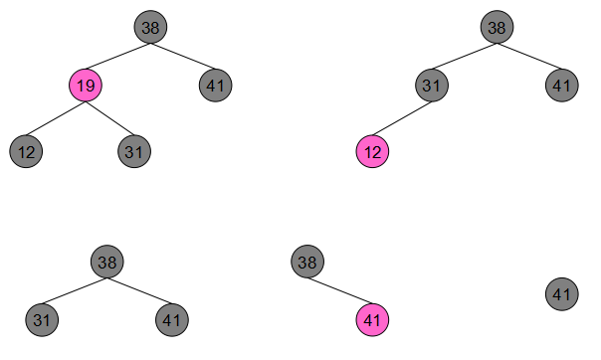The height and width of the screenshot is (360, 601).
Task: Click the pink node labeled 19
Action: (x=86, y=86)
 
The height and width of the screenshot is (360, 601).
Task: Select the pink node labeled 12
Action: (x=372, y=152)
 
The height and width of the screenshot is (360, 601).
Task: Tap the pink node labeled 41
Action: (x=372, y=320)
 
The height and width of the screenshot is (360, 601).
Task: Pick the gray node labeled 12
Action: (x=26, y=152)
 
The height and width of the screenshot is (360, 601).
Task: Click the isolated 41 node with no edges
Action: (x=562, y=294)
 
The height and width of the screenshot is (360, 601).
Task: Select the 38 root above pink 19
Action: (x=150, y=27)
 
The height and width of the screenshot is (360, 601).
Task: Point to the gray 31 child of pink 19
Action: (x=134, y=152)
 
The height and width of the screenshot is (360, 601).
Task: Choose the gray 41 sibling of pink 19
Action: (x=215, y=86)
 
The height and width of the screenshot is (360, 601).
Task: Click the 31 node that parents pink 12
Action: (x=432, y=86)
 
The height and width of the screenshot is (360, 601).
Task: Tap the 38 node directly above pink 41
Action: (x=307, y=262)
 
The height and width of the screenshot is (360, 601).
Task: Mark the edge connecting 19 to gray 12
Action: (x=56, y=118)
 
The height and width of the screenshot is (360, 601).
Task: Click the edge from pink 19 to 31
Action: (x=110, y=118)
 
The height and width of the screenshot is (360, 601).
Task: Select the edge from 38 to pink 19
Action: (x=118, y=57)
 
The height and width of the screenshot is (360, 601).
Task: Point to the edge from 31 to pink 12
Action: (x=402, y=118)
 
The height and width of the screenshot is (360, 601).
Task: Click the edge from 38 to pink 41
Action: (x=340, y=290)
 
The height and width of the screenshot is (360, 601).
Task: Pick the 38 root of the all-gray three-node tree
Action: (x=107, y=262)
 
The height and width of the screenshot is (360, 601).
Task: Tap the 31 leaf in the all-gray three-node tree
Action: (x=42, y=320)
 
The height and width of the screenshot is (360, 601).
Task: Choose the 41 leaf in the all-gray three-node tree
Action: (x=172, y=320)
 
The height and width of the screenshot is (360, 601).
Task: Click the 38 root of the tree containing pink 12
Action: (x=498, y=27)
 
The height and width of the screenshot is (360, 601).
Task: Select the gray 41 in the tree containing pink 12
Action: (x=562, y=86)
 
